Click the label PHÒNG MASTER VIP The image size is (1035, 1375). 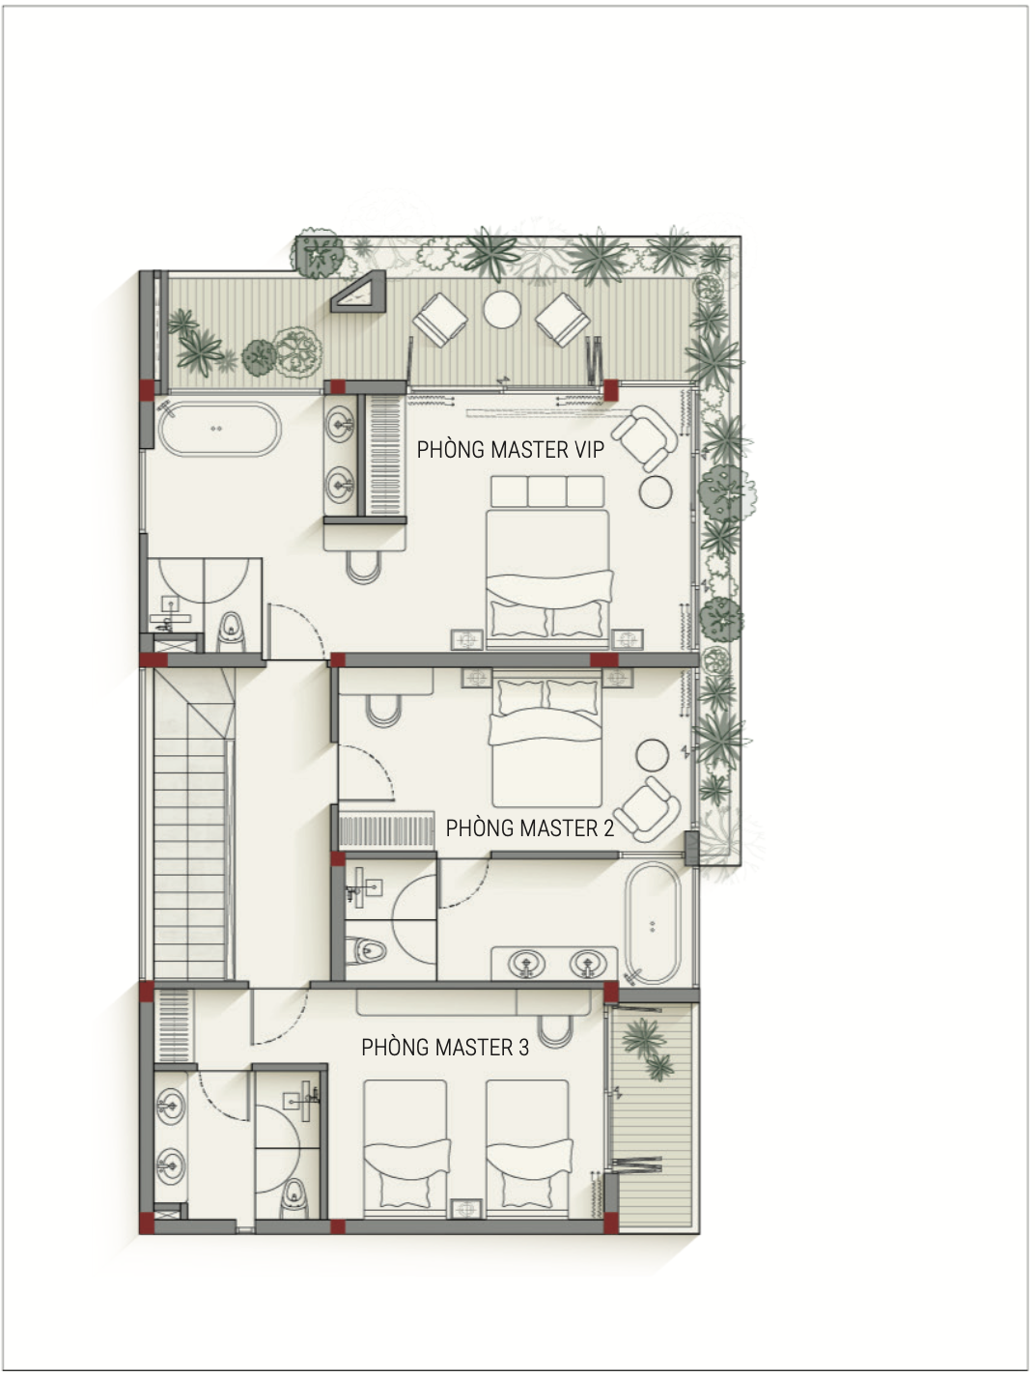click(x=511, y=450)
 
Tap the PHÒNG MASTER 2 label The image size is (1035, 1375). click(x=530, y=828)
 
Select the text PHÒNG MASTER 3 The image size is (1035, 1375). click(x=445, y=1048)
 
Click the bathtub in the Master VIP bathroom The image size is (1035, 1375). click(x=219, y=429)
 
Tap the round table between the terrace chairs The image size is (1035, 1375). click(x=501, y=310)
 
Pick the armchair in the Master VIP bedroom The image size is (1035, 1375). click(x=645, y=437)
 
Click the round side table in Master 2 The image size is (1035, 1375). click(x=653, y=754)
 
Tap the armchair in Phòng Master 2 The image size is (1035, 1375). click(x=650, y=809)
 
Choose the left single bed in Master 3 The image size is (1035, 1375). click(x=406, y=1148)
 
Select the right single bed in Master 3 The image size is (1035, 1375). click(x=528, y=1148)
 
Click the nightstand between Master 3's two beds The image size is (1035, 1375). click(x=466, y=1208)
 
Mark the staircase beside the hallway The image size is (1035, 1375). click(x=189, y=825)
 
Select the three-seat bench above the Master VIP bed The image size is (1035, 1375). click(x=547, y=491)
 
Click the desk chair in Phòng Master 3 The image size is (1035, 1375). click(x=555, y=1031)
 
